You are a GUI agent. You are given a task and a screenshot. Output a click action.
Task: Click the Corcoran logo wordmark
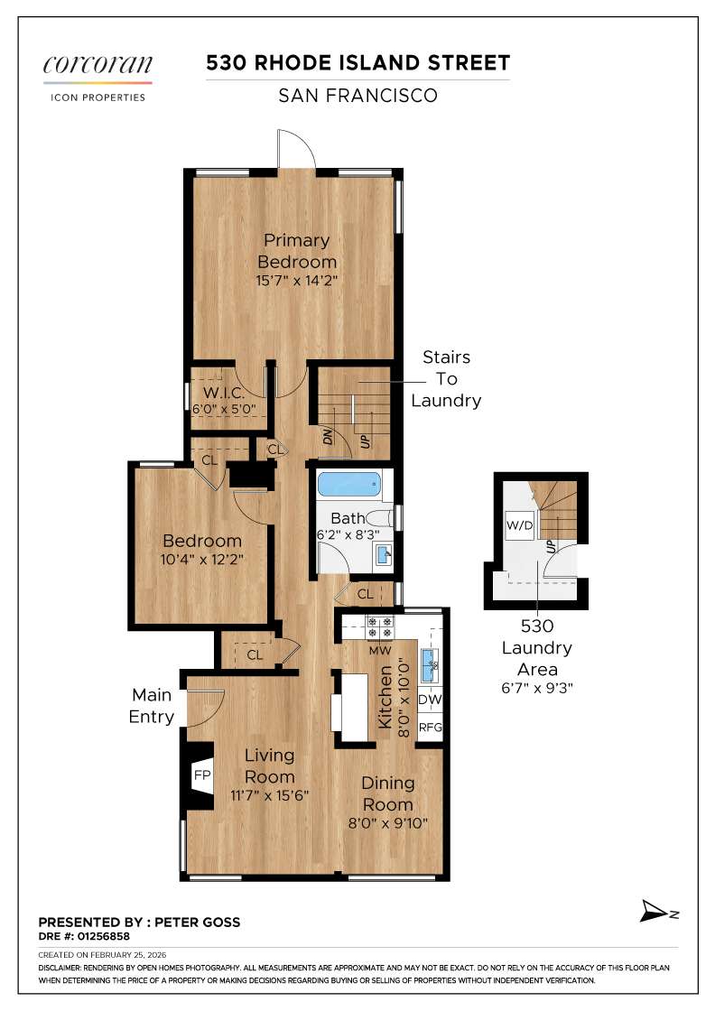(97, 66)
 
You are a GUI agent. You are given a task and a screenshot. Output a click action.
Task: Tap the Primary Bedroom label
(296, 250)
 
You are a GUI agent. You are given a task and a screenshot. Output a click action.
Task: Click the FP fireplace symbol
(201, 774)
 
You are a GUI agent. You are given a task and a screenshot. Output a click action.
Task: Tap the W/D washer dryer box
(519, 524)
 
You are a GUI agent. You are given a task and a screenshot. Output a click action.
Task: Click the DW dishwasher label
(431, 700)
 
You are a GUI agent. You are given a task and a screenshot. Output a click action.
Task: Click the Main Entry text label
(152, 706)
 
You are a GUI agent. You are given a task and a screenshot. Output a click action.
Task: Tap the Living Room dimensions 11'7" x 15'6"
(269, 796)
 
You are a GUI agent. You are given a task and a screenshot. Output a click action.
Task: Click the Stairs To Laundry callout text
(446, 379)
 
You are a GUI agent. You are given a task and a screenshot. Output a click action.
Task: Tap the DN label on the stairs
(330, 437)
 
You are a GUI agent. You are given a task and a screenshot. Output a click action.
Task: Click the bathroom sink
(383, 552)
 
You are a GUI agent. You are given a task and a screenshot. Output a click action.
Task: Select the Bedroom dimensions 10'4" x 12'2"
(202, 559)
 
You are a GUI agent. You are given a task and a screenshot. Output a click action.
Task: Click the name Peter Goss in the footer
(198, 923)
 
